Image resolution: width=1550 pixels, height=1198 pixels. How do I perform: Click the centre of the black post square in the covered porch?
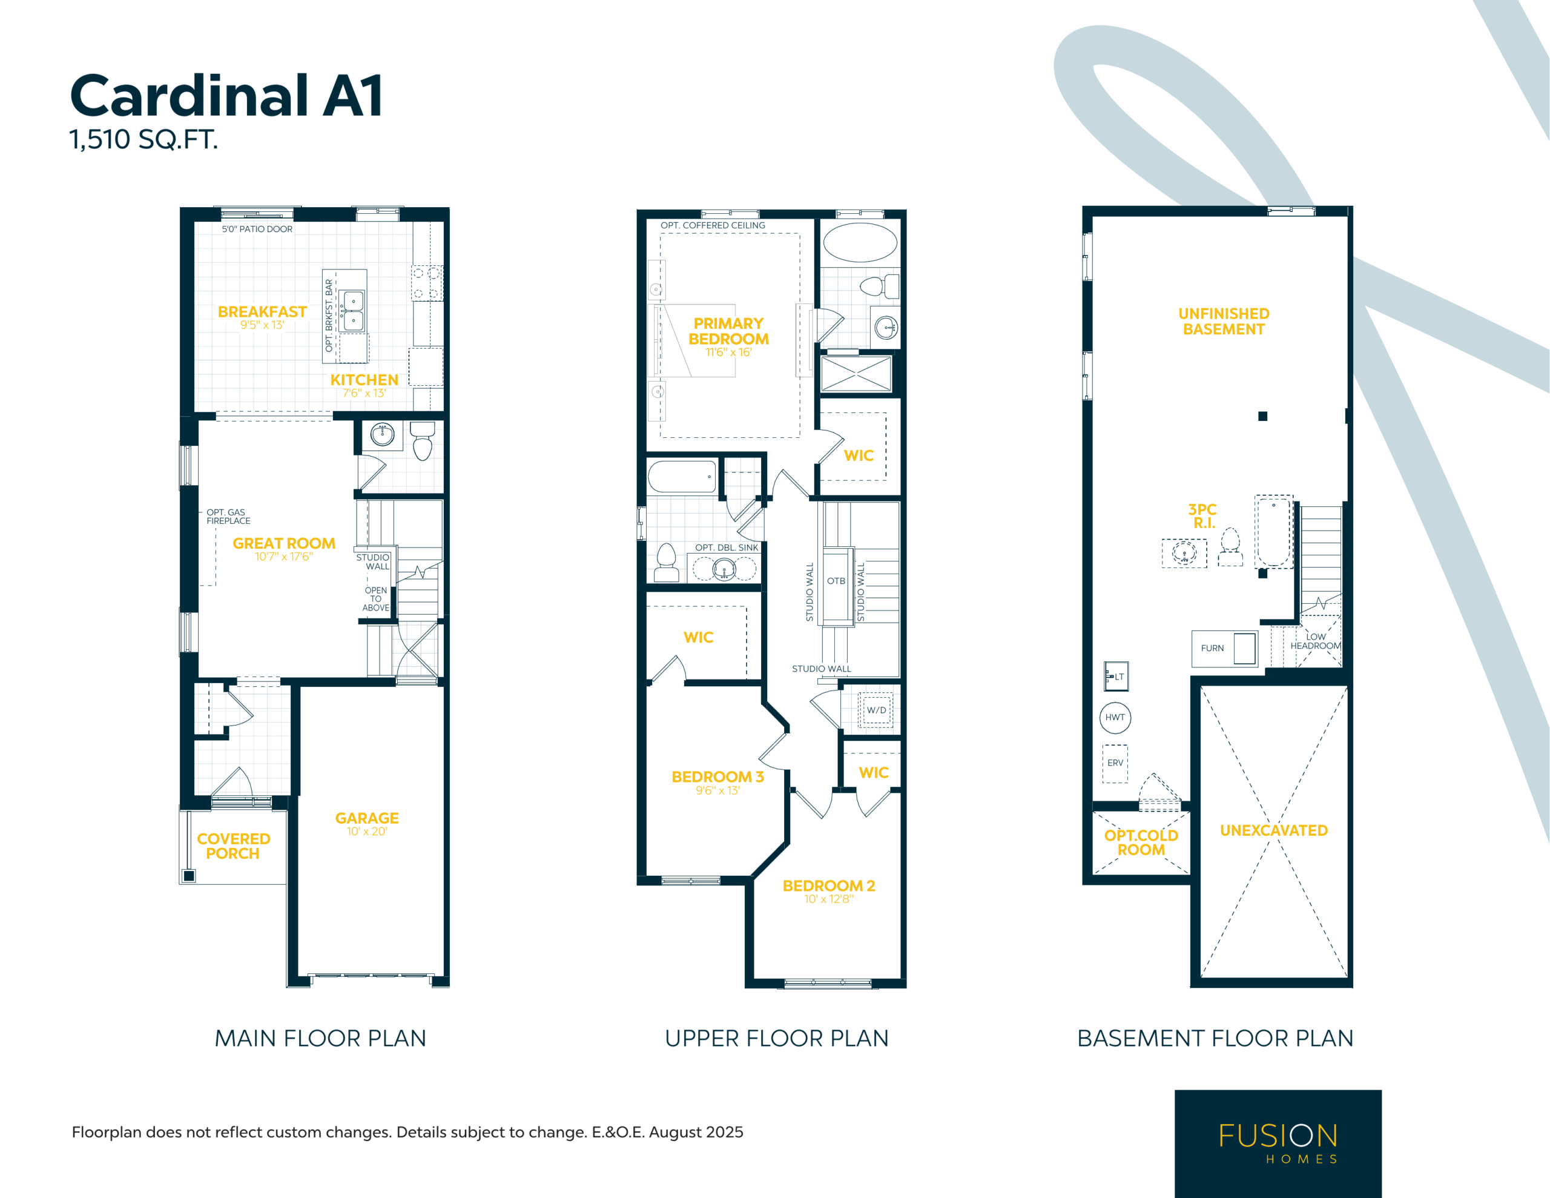tap(189, 876)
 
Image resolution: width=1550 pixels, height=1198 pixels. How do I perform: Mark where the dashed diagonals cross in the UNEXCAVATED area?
tap(1274, 832)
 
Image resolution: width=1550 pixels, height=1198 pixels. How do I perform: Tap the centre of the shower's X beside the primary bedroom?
tap(856, 374)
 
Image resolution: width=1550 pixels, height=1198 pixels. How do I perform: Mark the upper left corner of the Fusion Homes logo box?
tap(1175, 1090)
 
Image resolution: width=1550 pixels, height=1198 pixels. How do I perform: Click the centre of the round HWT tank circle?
tap(1115, 717)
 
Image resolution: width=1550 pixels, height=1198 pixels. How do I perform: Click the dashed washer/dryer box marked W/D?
tap(876, 709)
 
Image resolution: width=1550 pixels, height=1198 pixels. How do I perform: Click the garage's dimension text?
tap(367, 832)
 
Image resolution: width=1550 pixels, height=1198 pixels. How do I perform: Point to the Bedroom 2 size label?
tap(828, 899)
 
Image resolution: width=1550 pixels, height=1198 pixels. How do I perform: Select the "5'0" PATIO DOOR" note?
tap(257, 230)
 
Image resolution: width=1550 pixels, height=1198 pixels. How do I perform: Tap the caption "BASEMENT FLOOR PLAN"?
tap(1215, 1038)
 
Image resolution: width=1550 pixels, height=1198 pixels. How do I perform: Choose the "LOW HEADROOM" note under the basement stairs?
tap(1315, 641)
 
